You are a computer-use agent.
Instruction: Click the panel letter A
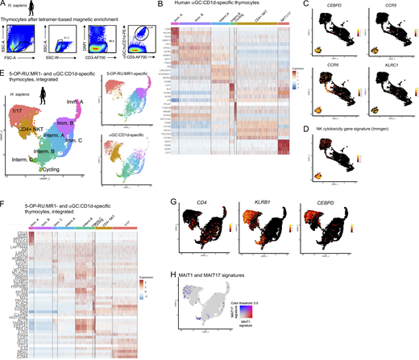point(4,4)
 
